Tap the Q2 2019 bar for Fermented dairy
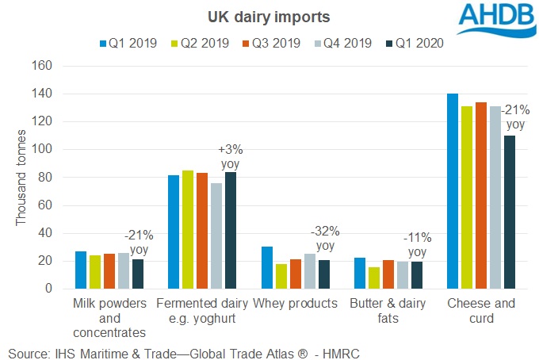coord(189,229)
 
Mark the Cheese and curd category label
coord(481,310)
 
